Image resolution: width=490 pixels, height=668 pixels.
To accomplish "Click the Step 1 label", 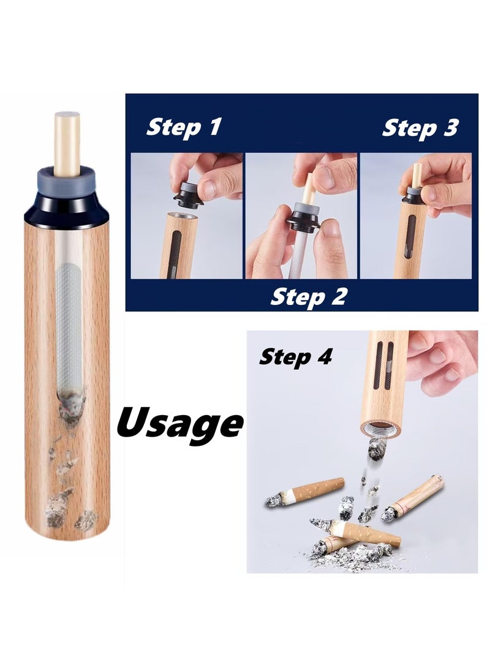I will (183, 128).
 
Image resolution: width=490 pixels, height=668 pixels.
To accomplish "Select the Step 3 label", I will (420, 128).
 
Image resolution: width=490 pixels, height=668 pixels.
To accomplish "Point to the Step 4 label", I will (295, 356).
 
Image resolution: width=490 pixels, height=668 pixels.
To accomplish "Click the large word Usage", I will (179, 422).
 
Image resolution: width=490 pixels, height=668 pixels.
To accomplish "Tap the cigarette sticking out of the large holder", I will (67, 141).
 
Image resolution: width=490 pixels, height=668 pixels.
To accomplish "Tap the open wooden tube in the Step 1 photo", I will (178, 245).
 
